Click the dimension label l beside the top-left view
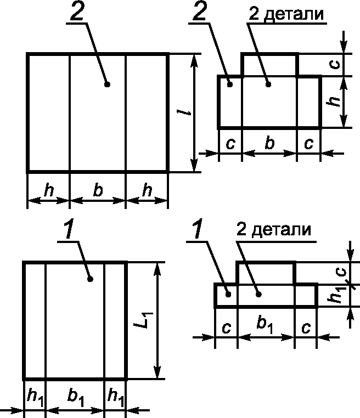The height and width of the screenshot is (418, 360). (187, 112)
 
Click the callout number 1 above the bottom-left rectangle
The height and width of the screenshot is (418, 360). (68, 230)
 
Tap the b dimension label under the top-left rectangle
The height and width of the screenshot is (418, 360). (98, 190)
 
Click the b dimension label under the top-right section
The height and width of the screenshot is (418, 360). (269, 144)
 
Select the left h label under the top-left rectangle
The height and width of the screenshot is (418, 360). (49, 190)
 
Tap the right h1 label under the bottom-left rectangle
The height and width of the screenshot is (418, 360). (115, 397)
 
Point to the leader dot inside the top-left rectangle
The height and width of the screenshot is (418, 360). (107, 84)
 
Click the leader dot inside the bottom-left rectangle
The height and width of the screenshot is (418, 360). (91, 279)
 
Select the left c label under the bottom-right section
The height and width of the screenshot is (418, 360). (226, 327)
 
